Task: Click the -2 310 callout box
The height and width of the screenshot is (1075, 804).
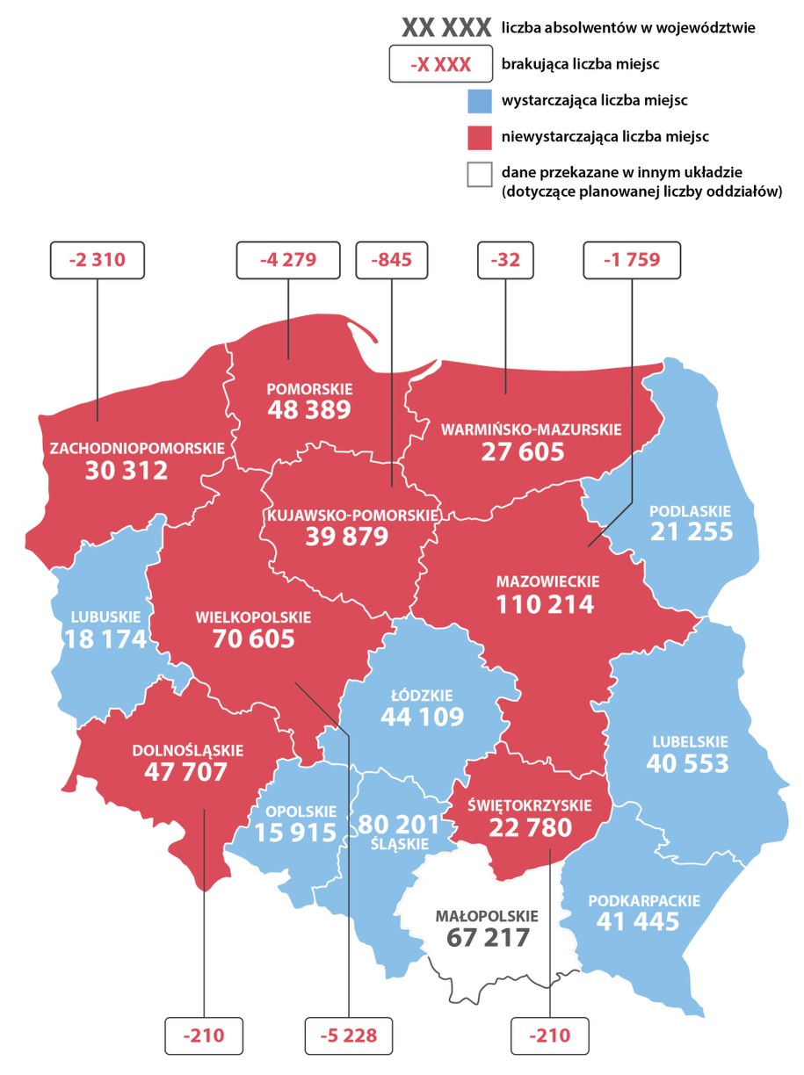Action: pyautogui.click(x=96, y=259)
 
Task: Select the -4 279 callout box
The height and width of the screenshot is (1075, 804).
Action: pyautogui.click(x=287, y=259)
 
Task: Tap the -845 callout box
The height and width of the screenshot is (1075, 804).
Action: pyautogui.click(x=391, y=259)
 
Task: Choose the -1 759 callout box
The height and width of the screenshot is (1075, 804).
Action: pyautogui.click(x=632, y=259)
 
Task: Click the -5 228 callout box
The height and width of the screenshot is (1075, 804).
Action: pyautogui.click(x=348, y=1035)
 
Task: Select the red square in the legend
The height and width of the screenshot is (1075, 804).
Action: pyautogui.click(x=480, y=137)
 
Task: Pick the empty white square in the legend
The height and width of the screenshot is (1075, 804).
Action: pyautogui.click(x=480, y=174)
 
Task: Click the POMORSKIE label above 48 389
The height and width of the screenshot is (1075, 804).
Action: pyautogui.click(x=309, y=388)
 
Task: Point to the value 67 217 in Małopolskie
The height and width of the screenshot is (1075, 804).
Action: pyautogui.click(x=488, y=937)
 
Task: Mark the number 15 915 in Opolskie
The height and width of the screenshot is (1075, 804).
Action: pyautogui.click(x=296, y=832)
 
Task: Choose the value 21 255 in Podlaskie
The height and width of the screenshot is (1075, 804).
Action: pyautogui.click(x=692, y=531)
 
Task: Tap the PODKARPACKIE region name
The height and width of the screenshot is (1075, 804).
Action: pyautogui.click(x=644, y=901)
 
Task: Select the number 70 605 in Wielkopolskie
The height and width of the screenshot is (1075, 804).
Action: pyautogui.click(x=253, y=639)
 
